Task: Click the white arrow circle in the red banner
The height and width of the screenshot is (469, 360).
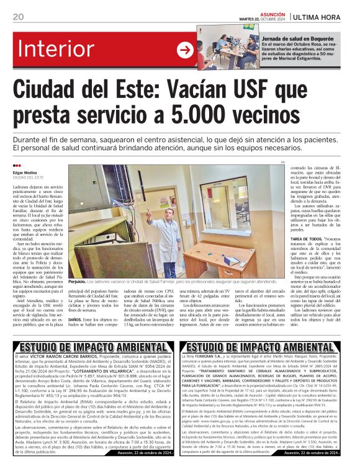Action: (x=185, y=50)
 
